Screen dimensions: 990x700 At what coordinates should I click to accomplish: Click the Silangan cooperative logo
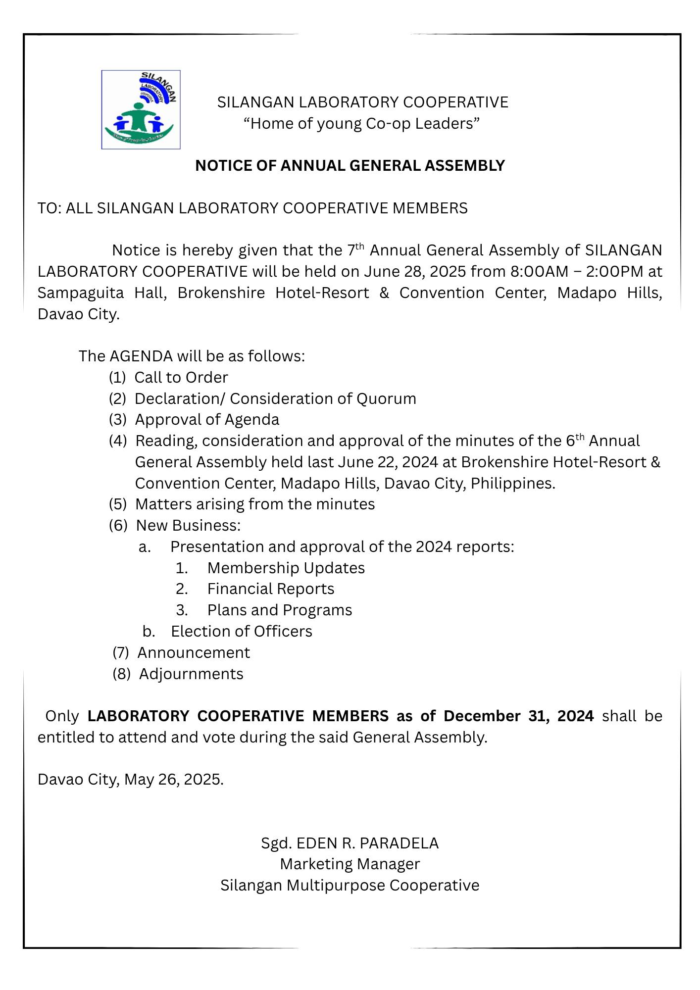pos(141,109)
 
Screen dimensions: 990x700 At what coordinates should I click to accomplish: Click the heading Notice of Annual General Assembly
pos(350,165)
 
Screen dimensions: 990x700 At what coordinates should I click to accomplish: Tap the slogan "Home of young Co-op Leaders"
pos(361,123)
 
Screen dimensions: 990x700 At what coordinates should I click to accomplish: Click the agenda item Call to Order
pos(181,377)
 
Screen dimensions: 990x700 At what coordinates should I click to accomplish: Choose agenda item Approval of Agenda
pos(207,419)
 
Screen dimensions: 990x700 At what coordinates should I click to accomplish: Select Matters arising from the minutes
pos(255,504)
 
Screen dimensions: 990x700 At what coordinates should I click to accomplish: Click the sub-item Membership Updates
pos(286,568)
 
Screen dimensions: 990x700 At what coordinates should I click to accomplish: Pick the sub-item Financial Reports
pos(270,589)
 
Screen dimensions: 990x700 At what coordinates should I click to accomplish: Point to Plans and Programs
pos(279,610)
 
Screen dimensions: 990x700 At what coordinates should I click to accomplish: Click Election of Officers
pos(242,631)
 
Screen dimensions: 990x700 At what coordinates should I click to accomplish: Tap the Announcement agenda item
pos(194,652)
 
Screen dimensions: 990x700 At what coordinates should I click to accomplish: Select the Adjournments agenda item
pos(191,674)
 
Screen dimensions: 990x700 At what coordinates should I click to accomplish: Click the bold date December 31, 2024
pos(518,716)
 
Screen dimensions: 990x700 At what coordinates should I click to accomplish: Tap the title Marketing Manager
pos(350,864)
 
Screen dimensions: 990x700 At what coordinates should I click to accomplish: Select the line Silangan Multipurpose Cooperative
pos(350,885)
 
